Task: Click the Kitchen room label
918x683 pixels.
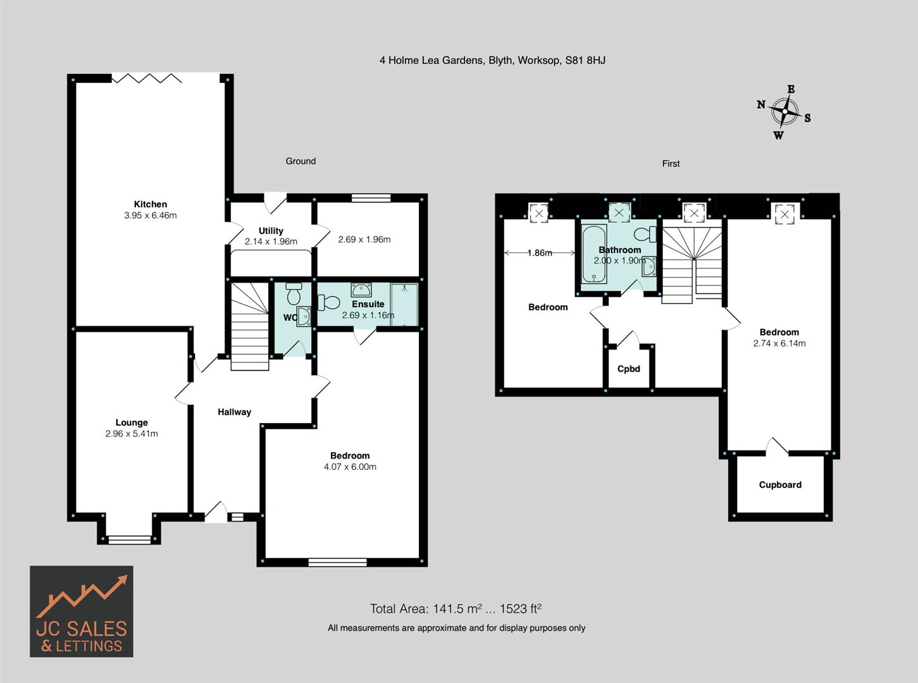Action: click(151, 204)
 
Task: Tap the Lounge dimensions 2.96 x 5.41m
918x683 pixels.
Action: click(132, 434)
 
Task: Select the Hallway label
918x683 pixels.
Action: click(234, 412)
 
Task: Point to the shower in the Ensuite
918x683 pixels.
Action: click(404, 304)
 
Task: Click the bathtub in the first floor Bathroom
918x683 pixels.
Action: click(594, 254)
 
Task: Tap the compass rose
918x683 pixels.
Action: click(785, 113)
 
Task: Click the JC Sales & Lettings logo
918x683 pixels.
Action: click(82, 612)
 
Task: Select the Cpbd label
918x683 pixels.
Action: click(628, 369)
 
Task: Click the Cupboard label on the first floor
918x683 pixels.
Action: click(780, 485)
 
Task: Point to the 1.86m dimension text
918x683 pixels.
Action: click(540, 253)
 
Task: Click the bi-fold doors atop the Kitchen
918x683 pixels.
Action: click(147, 78)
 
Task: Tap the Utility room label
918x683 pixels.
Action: click(271, 231)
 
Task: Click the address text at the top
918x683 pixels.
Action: click(492, 61)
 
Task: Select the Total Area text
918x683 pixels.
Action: click(456, 609)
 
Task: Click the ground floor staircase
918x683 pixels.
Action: click(250, 326)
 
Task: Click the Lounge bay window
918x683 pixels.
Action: click(129, 539)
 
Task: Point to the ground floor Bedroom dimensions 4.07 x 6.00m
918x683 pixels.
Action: click(350, 467)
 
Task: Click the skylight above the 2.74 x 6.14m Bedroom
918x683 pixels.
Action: click(785, 214)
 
